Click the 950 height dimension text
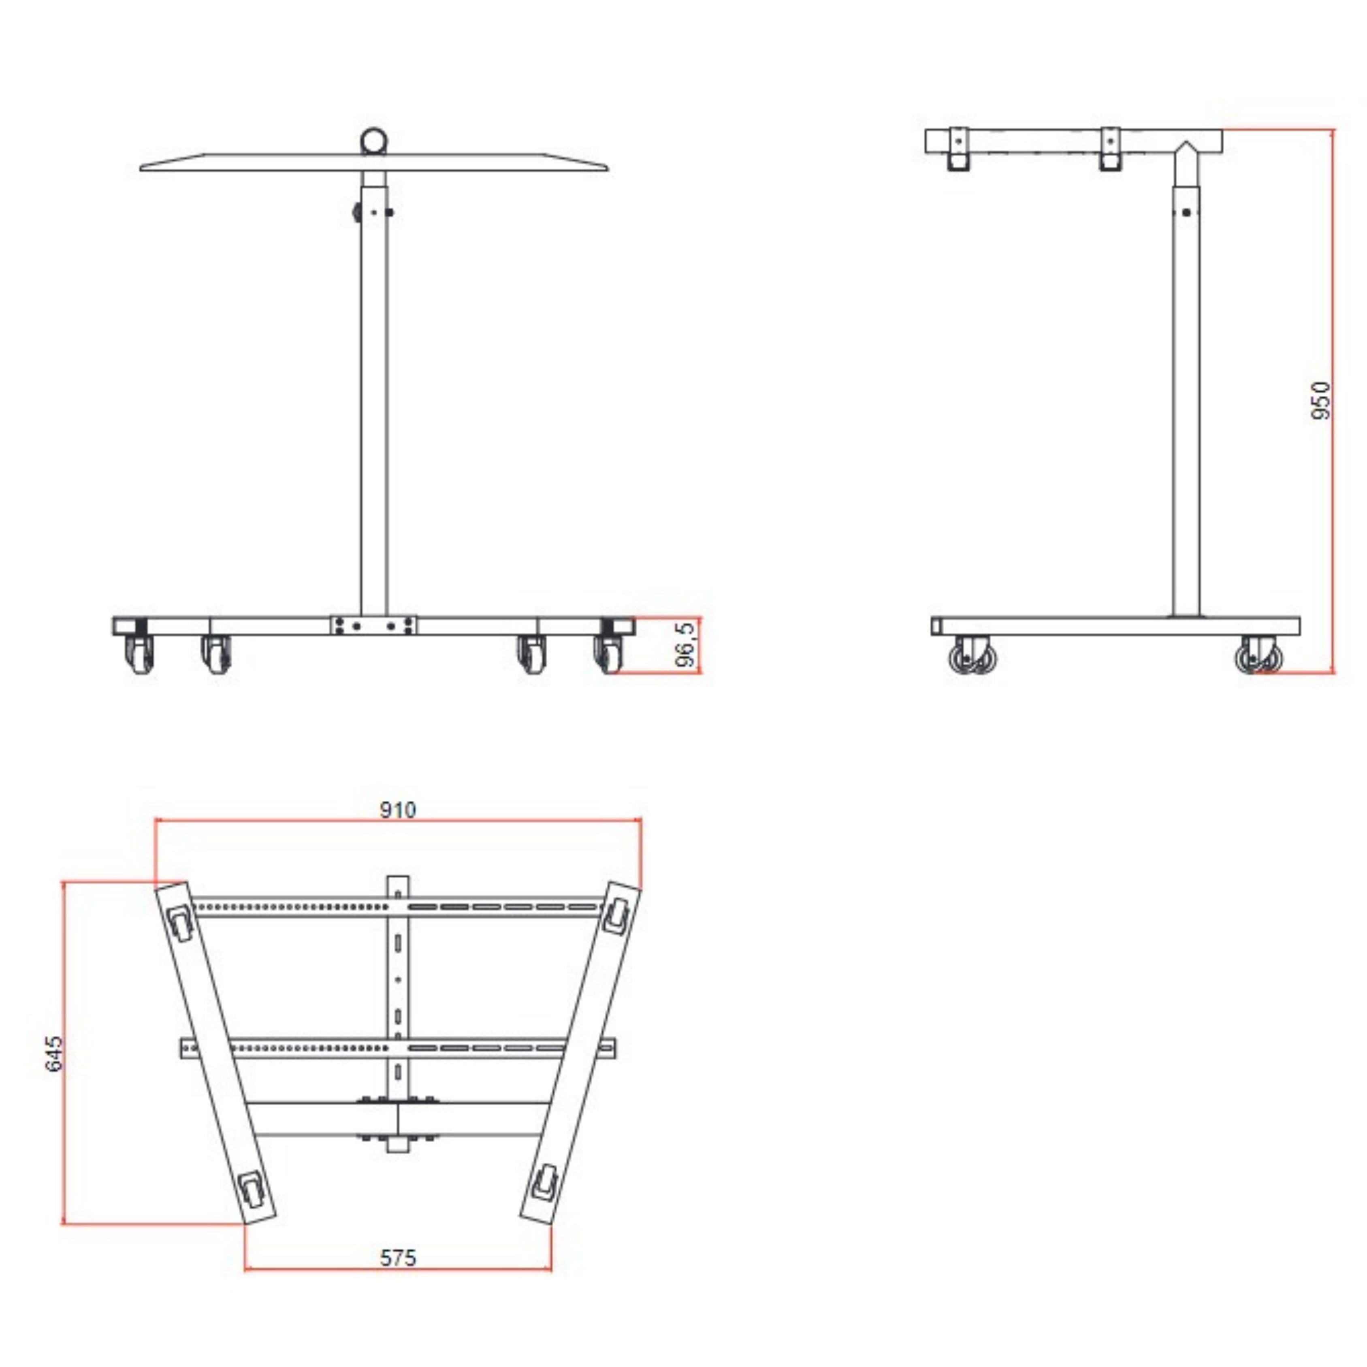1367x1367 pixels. click(1320, 401)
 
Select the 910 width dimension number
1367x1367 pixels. click(398, 809)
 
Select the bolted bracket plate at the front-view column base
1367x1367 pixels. click(373, 625)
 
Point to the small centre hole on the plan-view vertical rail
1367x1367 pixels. click(398, 979)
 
